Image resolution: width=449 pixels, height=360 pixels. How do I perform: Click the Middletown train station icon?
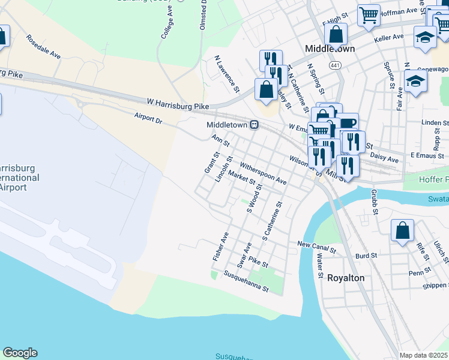coord(255,125)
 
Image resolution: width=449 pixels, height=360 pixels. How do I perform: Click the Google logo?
coord(20,353)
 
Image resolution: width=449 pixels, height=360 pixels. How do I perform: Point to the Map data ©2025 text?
coord(423,355)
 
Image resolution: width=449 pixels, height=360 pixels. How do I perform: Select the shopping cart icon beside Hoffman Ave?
coord(369,16)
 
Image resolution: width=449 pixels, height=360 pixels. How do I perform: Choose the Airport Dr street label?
coord(148,118)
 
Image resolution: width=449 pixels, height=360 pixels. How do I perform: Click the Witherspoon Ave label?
coord(263,173)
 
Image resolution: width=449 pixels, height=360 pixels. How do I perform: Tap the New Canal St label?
coord(319,244)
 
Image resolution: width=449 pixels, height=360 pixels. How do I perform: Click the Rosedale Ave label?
coord(43,46)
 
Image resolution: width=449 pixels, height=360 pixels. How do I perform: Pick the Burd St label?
coord(366,255)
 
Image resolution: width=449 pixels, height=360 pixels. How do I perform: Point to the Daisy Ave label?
coord(385,158)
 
